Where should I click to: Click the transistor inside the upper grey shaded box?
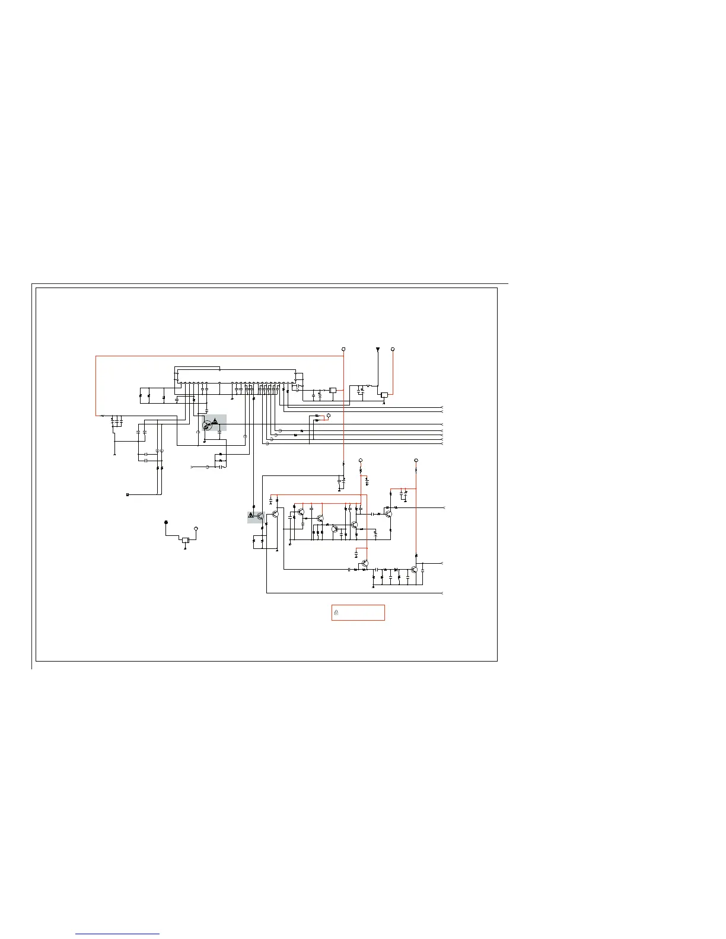[x=207, y=426]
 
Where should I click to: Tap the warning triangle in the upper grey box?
[x=215, y=421]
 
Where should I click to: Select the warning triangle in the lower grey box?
[x=251, y=516]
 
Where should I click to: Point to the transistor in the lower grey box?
[x=260, y=516]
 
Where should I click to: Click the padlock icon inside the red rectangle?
[x=336, y=612]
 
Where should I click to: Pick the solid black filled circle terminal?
[x=166, y=522]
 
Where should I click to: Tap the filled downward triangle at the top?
[x=378, y=349]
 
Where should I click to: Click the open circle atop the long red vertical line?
[x=344, y=349]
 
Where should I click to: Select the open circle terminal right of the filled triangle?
[x=393, y=349]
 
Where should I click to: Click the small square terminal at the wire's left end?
[x=128, y=494]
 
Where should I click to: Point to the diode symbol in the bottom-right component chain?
[x=396, y=569]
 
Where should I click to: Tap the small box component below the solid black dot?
[x=186, y=540]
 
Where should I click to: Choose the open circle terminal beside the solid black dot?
[x=196, y=528]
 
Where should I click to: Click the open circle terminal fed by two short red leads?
[x=329, y=416]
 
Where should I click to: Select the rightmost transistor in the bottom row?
[x=414, y=570]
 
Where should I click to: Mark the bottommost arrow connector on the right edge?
[x=442, y=593]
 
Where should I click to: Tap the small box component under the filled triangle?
[x=384, y=395]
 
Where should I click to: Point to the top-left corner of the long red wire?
[x=96, y=356]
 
